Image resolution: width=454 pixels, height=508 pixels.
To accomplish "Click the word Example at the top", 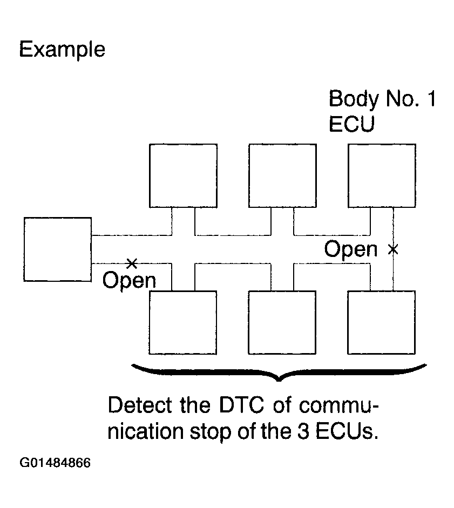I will point(62,50).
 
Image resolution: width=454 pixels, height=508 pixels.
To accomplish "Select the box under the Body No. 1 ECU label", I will point(382,175).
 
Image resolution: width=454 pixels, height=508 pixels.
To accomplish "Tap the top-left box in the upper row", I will point(183,175).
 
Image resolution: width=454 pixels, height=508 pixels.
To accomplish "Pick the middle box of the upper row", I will point(282,175).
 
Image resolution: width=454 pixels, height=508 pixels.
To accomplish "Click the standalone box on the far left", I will point(58,249).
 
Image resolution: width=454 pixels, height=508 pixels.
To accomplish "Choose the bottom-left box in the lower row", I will point(183,322).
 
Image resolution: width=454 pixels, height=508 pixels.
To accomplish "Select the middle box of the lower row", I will point(282,322).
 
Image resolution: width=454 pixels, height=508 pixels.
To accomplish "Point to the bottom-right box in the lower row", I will point(382,322).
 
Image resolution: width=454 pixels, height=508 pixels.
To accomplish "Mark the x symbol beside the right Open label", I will point(394,249).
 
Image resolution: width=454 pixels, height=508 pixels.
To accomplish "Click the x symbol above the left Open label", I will point(131,263).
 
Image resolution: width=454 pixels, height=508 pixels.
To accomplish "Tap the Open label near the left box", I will point(129,281).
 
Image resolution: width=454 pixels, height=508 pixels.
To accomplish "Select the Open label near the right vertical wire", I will point(351,249).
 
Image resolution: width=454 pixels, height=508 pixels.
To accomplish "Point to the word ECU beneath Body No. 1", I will point(351,124).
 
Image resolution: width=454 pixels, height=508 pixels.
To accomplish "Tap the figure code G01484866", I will point(55,463).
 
